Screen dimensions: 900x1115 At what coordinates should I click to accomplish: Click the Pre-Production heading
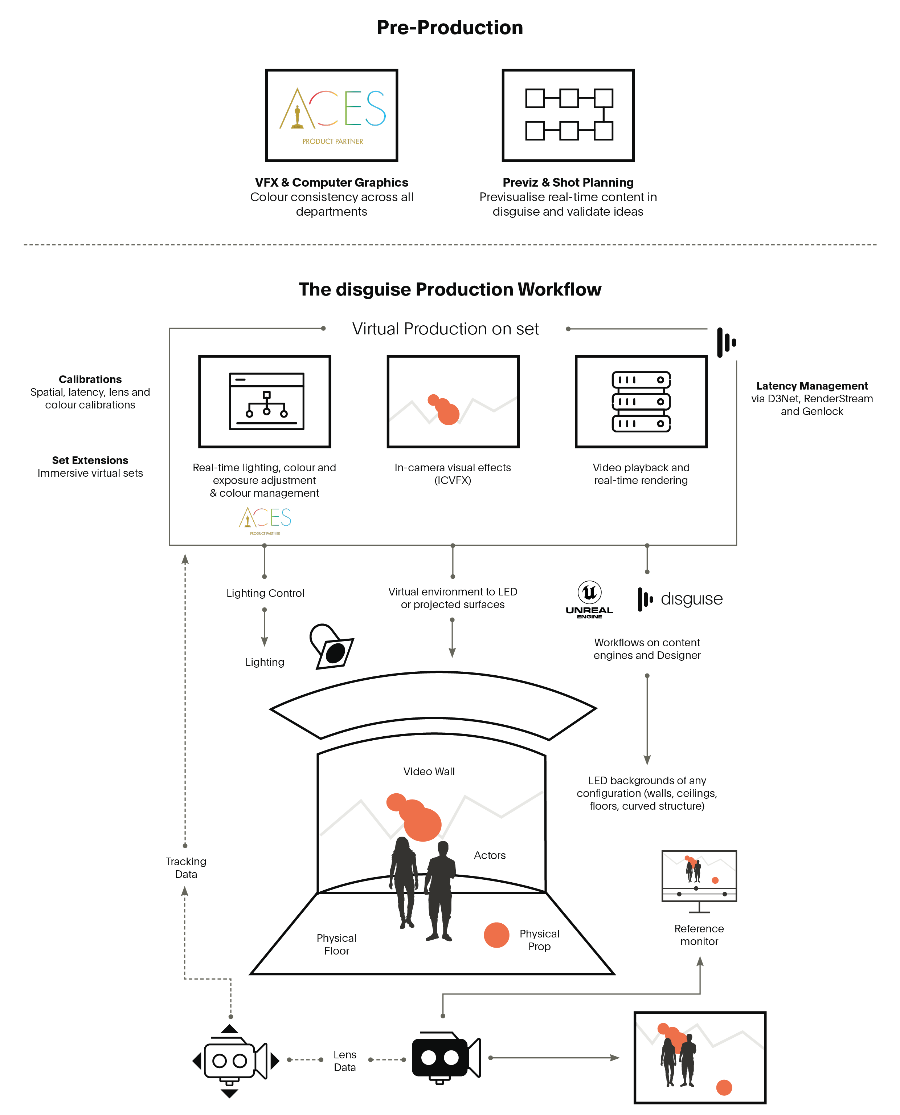pos(450,28)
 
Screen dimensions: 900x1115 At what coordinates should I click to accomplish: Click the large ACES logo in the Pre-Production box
pos(332,115)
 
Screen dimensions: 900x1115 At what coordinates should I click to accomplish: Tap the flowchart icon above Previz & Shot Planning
pos(569,114)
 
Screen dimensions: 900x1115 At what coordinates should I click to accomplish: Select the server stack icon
pos(641,402)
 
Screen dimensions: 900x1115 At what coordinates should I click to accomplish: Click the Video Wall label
pos(429,771)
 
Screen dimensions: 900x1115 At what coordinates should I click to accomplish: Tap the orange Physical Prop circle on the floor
pos(496,935)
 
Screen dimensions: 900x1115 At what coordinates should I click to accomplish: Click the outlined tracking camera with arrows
pos(236,1061)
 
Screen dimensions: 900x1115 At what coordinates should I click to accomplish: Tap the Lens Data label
pos(345,1061)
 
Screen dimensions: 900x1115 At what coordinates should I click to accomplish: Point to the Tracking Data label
pos(185,868)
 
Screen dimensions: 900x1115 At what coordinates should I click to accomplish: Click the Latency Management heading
pos(812,386)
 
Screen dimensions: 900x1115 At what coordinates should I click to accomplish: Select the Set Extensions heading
pos(90,460)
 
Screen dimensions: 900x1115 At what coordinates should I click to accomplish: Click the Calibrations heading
pos(90,379)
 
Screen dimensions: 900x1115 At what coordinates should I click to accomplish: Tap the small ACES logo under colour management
pos(265,521)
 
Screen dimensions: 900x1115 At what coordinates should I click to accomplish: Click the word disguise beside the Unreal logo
pos(692,599)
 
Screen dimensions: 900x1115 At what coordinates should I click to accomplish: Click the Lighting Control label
pos(265,593)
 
